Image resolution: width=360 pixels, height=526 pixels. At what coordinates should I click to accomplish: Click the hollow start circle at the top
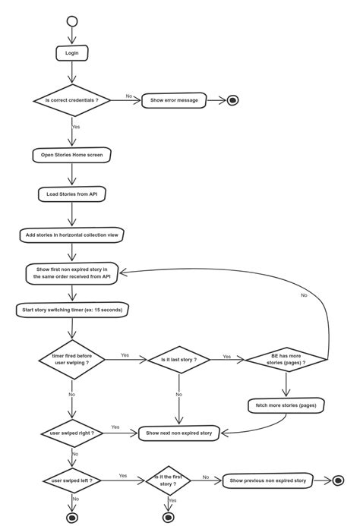pos(72,20)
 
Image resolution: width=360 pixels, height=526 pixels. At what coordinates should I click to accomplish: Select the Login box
pos(72,53)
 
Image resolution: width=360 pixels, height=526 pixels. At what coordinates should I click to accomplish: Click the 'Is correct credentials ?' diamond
pos(72,100)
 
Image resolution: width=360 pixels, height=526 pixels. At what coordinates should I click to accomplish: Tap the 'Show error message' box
pos(174,100)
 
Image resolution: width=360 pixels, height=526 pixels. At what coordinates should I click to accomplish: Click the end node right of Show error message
pos(233,100)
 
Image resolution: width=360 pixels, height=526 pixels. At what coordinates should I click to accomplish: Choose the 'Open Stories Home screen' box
pos(72,155)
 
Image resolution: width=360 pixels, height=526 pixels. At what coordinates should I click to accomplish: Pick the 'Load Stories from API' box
pos(72,195)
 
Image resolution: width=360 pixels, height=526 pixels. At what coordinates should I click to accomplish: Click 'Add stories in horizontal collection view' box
pos(72,235)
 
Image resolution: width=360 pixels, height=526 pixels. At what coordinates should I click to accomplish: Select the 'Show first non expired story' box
pos(72,273)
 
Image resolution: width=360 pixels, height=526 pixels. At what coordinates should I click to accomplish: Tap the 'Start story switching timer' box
pos(72,310)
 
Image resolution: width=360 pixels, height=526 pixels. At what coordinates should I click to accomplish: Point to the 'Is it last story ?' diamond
pos(178,359)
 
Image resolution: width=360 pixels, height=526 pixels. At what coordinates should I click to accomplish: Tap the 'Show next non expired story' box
pos(179,433)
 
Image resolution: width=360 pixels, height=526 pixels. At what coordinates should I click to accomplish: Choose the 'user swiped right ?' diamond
pos(72,433)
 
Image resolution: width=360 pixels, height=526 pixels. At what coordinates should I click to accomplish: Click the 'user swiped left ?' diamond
pos(72,480)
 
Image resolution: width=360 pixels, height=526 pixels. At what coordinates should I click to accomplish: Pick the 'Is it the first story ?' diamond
pos(169,480)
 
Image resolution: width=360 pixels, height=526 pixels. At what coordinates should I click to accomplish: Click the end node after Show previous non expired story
pos(338,480)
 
